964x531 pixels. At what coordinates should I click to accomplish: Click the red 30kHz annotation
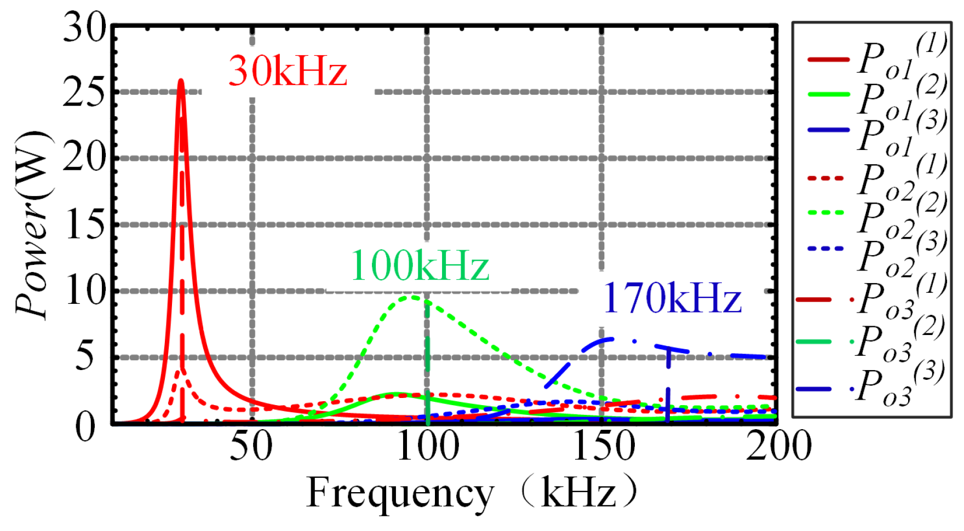pos(288,71)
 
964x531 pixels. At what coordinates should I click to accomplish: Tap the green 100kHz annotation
pos(420,265)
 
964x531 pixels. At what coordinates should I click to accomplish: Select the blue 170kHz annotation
pos(672,298)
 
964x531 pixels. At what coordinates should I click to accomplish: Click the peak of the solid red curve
pos(181,81)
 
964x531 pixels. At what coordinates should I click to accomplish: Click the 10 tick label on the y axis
pos(85,291)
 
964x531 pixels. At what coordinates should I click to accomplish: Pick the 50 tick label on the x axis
pos(251,446)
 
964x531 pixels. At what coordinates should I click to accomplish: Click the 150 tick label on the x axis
pos(602,446)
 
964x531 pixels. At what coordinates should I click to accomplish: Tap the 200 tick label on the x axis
pos(778,446)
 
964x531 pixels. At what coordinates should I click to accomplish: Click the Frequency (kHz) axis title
pos(471,493)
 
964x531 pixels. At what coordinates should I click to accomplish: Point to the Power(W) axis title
pos(33,224)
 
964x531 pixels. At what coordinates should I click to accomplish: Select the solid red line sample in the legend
pos(828,59)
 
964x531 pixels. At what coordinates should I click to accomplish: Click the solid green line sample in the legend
pos(828,94)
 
